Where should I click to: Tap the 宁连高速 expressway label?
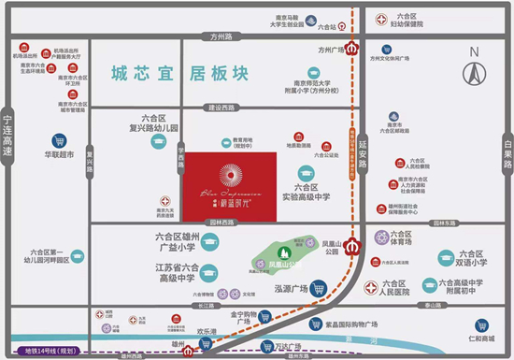(x=9, y=137)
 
